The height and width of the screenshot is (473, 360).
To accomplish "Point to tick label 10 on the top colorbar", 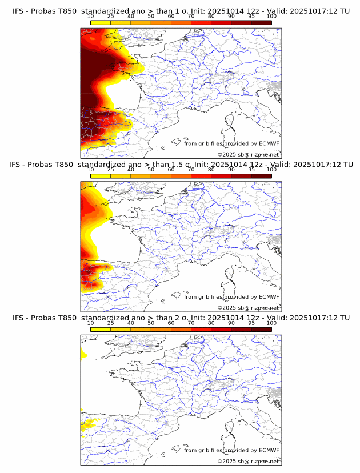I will point(90,17).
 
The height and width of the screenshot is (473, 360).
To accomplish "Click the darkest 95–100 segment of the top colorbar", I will point(262,22).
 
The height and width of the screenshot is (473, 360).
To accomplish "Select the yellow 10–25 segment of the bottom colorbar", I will point(101,330).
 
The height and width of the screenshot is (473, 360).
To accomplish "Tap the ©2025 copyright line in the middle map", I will point(248,308).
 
